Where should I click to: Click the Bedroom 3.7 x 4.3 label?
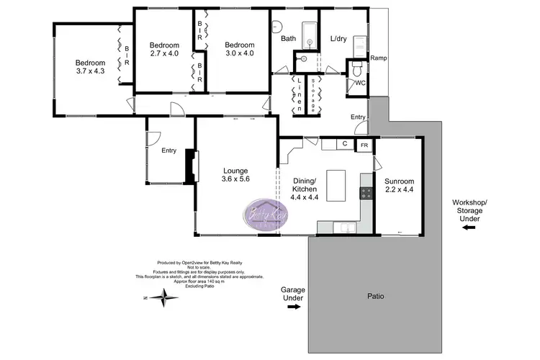point(91,67)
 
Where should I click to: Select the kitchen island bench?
point(338,185)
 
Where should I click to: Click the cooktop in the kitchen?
point(365,193)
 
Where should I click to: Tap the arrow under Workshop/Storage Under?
point(469,228)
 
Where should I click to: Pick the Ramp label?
point(379,58)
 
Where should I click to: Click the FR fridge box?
point(364,145)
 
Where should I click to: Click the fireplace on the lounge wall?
point(190,167)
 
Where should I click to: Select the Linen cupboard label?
point(298,94)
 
